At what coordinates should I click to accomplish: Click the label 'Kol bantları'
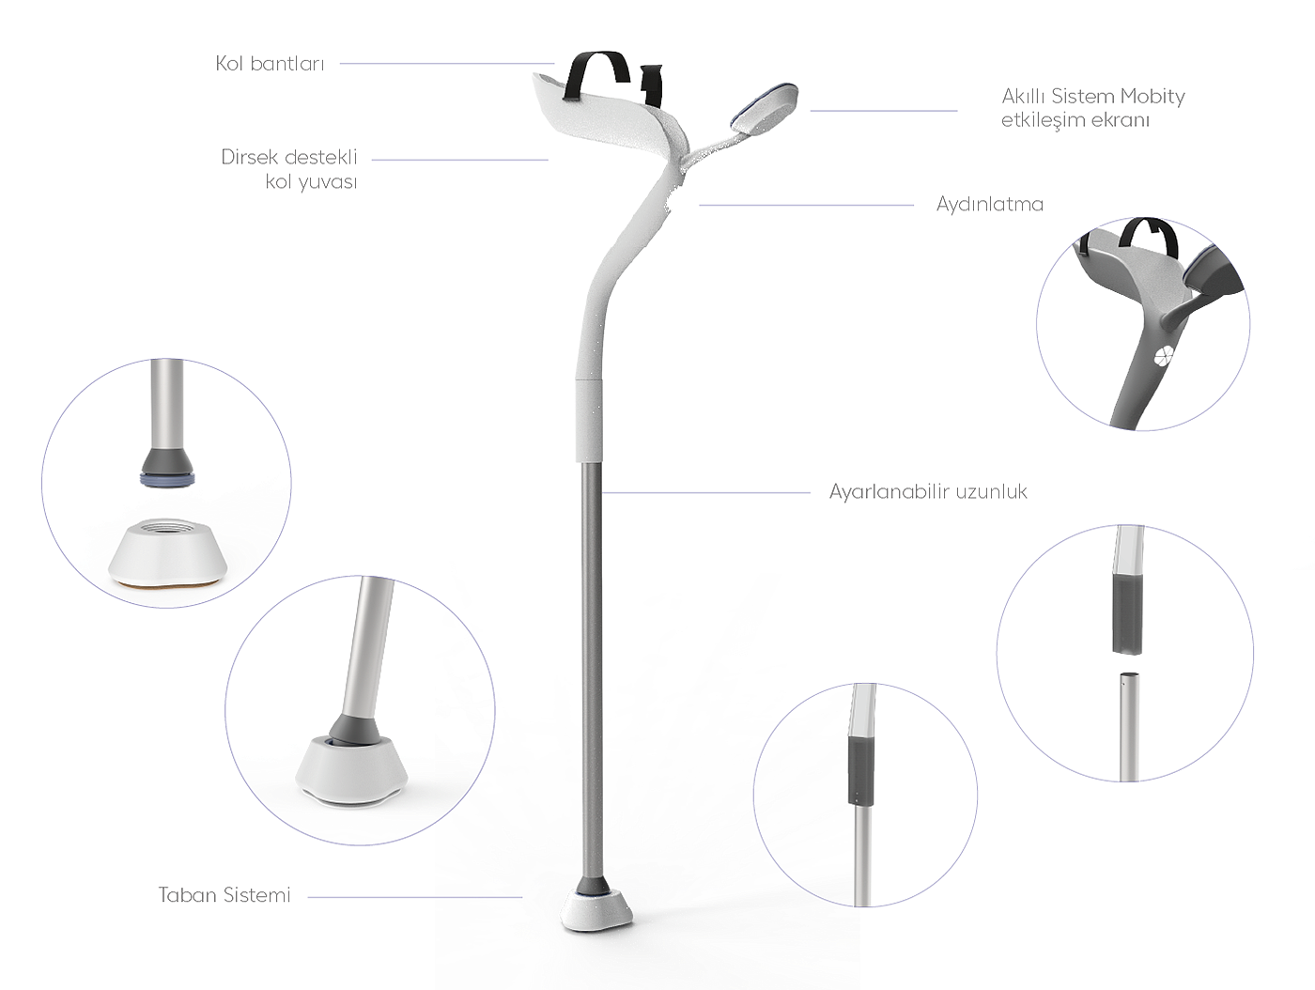tap(271, 63)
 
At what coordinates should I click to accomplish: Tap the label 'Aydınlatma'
tap(989, 204)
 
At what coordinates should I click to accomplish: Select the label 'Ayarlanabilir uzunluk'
tap(928, 491)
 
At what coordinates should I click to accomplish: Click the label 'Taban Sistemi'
tap(224, 895)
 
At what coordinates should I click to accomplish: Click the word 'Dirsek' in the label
tap(250, 156)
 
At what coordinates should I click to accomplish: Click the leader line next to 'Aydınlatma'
tap(806, 205)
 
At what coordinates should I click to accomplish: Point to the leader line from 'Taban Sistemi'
tap(414, 897)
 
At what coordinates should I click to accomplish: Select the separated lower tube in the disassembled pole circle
tap(1128, 723)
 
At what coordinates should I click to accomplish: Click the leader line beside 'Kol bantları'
tap(447, 64)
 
